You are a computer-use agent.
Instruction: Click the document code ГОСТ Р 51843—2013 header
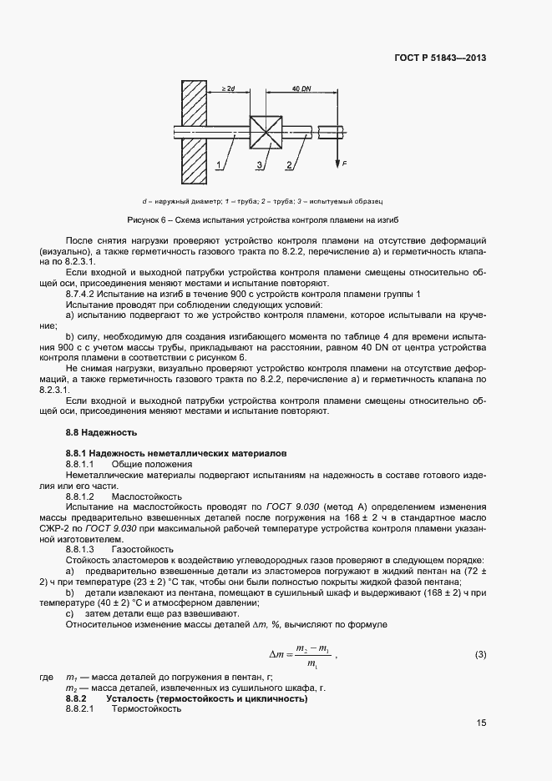[x=441, y=58]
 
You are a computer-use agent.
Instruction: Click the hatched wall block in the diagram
[x=195, y=133]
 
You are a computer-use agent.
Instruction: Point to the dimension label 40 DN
[x=301, y=88]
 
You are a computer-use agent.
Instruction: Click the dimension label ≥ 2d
[x=228, y=88]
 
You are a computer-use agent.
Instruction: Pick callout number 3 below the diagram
[x=259, y=167]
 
